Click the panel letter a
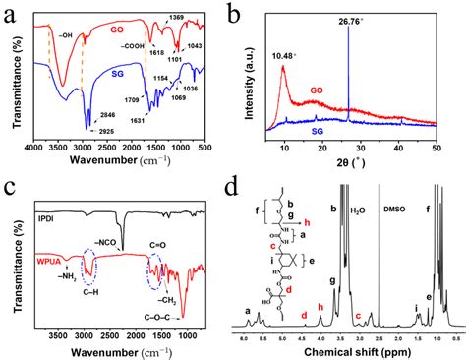(x=9, y=12)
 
